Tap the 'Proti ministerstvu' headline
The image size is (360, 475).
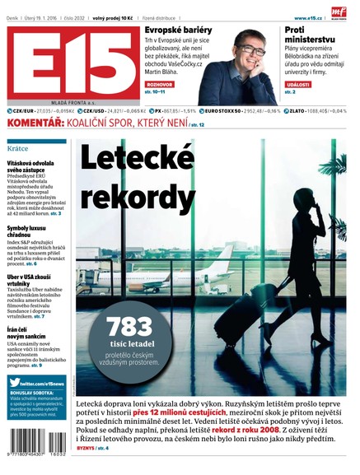307,36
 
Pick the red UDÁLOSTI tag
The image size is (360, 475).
298,83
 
